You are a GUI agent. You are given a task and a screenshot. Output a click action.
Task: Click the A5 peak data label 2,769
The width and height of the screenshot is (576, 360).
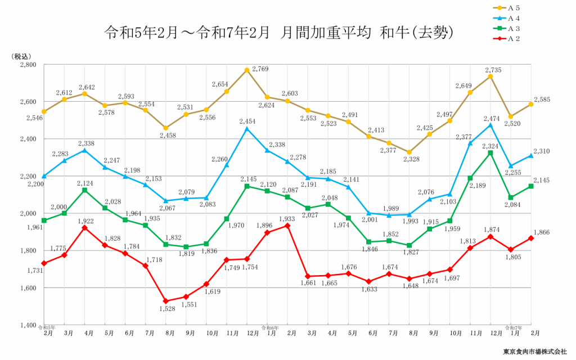tap(260, 69)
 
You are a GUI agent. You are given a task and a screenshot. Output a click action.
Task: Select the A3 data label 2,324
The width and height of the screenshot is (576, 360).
tap(491, 146)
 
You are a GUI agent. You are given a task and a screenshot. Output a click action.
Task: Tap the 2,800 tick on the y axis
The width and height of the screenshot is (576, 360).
tap(28, 65)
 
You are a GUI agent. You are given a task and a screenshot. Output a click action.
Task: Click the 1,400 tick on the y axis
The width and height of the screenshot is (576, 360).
tap(28, 326)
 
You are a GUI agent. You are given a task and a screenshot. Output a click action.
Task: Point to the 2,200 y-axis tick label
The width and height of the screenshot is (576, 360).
tap(28, 177)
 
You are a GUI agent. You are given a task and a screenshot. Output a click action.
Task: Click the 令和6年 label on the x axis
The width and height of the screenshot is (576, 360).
tap(269, 327)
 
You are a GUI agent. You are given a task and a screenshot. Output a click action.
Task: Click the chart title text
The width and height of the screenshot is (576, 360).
tap(278, 33)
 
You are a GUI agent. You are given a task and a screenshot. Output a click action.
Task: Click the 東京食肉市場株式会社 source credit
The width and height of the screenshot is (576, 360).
tap(535, 352)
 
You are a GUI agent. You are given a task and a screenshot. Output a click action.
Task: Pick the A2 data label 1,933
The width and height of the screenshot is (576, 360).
tap(287, 218)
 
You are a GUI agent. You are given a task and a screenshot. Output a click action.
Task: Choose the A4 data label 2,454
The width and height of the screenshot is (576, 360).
tap(247, 121)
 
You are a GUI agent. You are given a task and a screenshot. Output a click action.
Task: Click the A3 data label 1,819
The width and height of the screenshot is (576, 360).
tap(187, 254)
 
